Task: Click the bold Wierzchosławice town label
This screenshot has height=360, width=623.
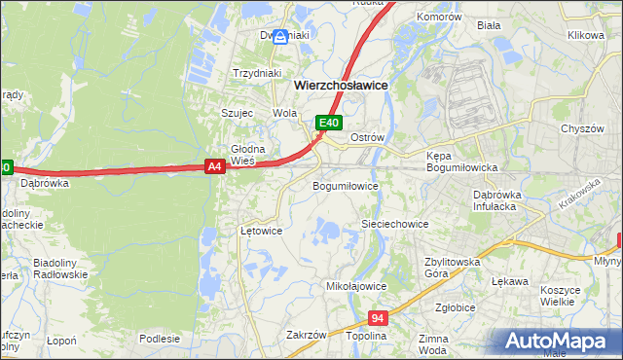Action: click(x=341, y=86)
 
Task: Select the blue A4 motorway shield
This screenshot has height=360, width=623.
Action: click(x=216, y=167)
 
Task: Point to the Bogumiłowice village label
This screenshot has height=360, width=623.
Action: click(x=345, y=185)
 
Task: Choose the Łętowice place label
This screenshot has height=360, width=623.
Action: click(x=261, y=232)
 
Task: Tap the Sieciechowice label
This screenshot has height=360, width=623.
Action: click(x=395, y=224)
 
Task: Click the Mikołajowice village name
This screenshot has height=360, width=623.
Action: click(x=356, y=287)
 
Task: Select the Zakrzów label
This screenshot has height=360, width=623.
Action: click(x=306, y=335)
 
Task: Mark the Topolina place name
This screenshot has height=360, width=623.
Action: click(x=367, y=335)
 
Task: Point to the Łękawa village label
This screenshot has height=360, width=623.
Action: click(x=510, y=281)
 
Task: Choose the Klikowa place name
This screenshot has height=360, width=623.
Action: click(x=586, y=35)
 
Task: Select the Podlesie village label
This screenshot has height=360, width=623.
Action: click(x=160, y=339)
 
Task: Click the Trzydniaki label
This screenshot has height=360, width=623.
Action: click(x=257, y=72)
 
